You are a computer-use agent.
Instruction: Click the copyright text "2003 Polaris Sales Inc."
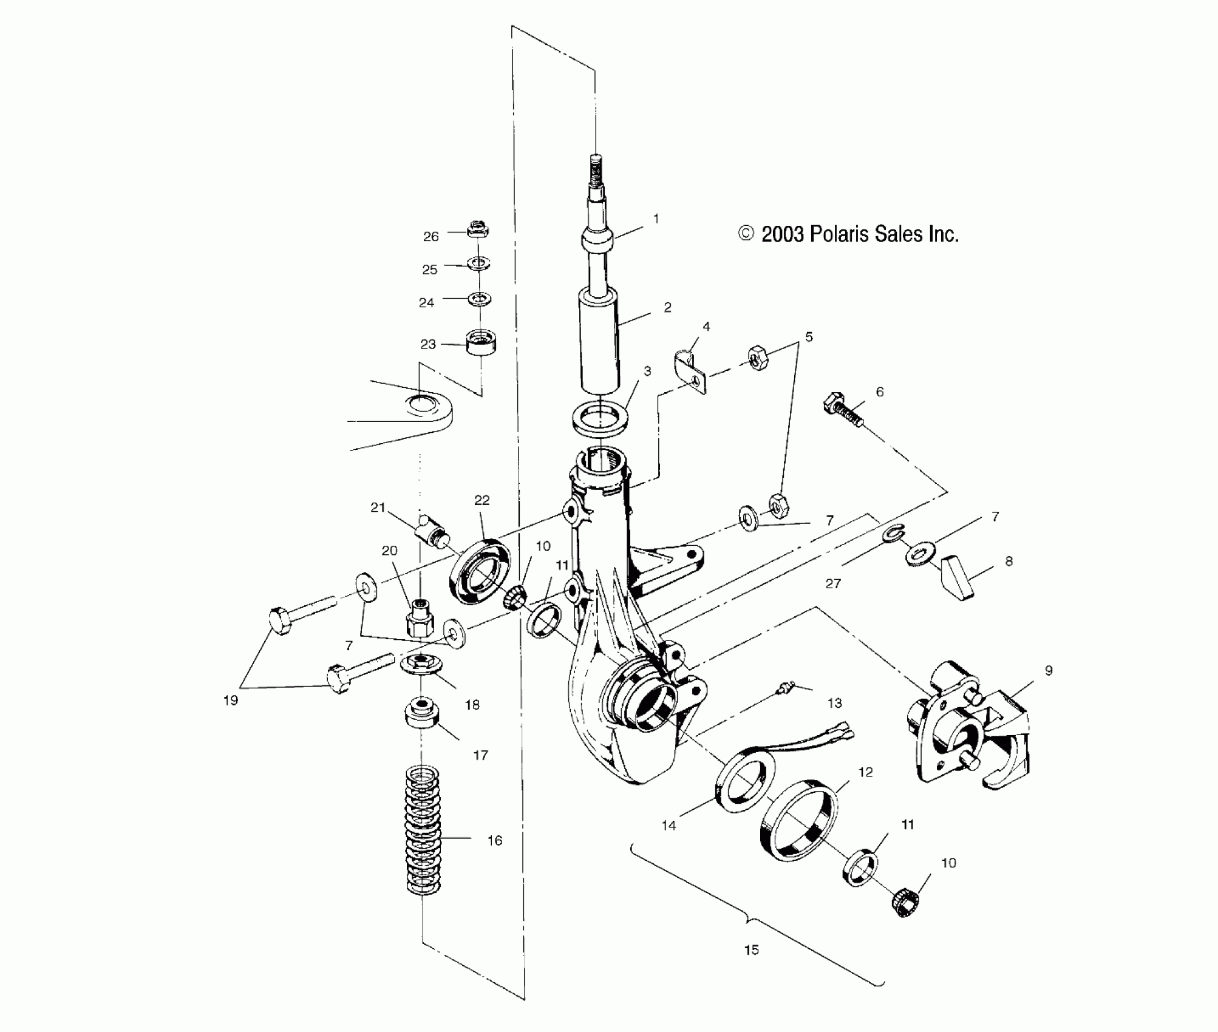pyautogui.click(x=859, y=234)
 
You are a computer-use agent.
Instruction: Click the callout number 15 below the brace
pyautogui.click(x=751, y=950)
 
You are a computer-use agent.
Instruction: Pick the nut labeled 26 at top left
pyautogui.click(x=478, y=230)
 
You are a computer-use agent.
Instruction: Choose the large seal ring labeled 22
pyautogui.click(x=480, y=571)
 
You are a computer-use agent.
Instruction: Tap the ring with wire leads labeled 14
pyautogui.click(x=746, y=780)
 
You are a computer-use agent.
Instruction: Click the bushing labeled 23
pyautogui.click(x=480, y=343)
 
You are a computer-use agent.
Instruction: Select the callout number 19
pyautogui.click(x=230, y=700)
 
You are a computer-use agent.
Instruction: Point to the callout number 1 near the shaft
pyautogui.click(x=656, y=219)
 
